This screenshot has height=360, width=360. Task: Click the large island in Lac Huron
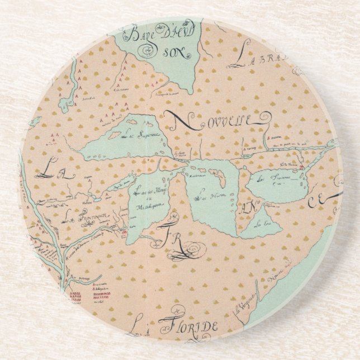pos(220,178)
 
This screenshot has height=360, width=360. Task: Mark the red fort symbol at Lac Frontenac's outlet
pos(302,167)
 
